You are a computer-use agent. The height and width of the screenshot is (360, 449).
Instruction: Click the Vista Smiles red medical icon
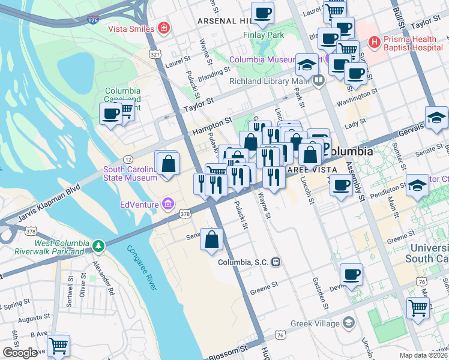163,28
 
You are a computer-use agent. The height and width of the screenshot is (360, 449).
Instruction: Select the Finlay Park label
263,35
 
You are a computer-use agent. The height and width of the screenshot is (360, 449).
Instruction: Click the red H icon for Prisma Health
375,42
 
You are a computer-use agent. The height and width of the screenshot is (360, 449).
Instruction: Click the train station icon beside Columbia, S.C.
276,262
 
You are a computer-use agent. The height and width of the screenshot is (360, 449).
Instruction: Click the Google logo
20,353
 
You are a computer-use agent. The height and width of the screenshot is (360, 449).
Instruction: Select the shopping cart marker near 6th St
58,345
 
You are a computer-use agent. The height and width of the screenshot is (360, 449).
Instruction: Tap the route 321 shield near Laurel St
155,54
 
